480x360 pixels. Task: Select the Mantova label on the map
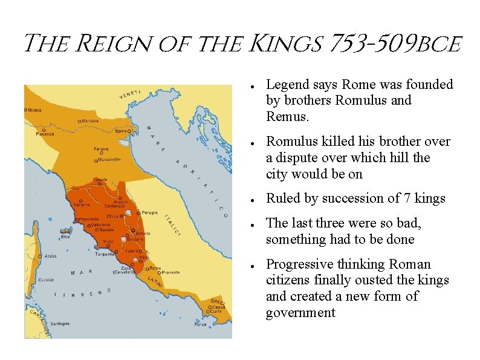tap(91, 121)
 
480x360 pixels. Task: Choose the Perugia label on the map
tap(150, 213)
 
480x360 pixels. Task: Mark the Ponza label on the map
tap(200, 325)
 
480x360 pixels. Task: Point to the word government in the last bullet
tap(300, 313)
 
